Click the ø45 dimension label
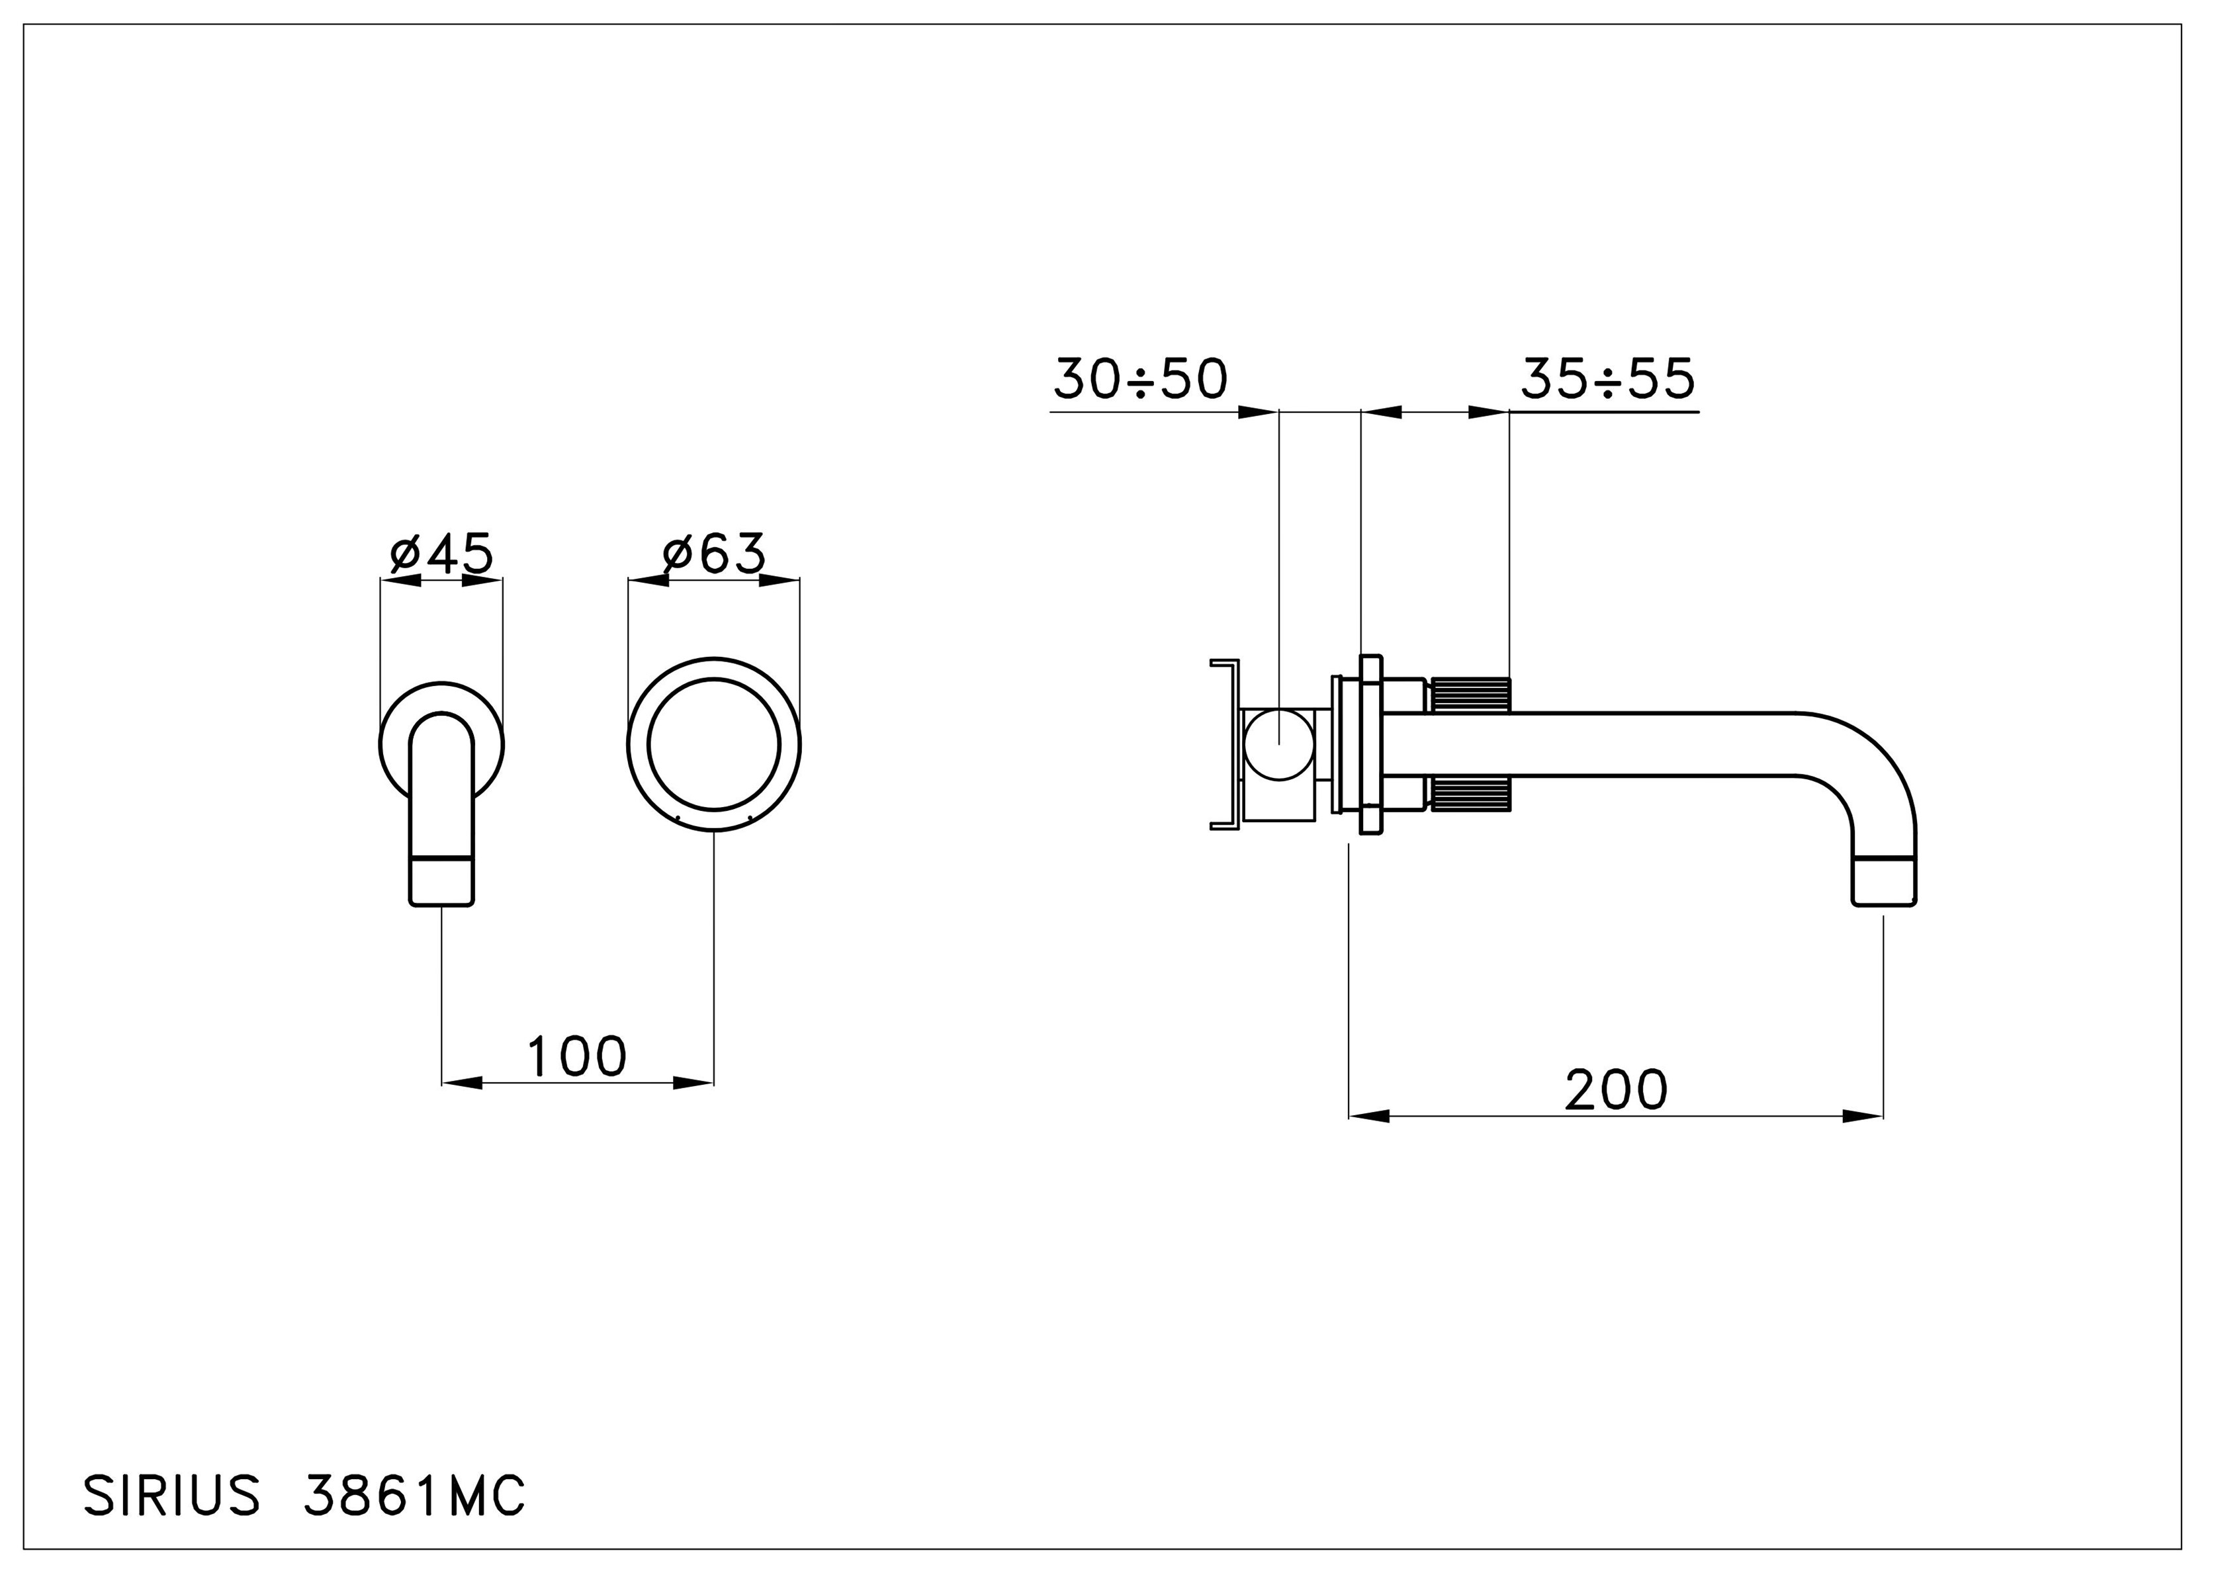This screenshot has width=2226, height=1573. coord(442,554)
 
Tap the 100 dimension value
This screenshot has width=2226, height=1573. coord(577,1056)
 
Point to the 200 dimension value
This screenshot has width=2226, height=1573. coord(1616,1089)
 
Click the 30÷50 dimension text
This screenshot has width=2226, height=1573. coord(1141,379)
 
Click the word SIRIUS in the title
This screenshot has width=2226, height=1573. coord(171,1496)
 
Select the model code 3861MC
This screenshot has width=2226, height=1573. coord(415,1496)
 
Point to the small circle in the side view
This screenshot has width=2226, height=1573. coord(1279,744)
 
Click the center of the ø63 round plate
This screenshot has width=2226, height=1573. coord(713,744)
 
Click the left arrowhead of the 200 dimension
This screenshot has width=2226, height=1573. coord(1369,1117)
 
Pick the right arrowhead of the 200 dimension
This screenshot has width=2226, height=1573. coord(1863,1117)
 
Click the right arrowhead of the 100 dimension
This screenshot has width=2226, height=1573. coord(694,1083)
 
